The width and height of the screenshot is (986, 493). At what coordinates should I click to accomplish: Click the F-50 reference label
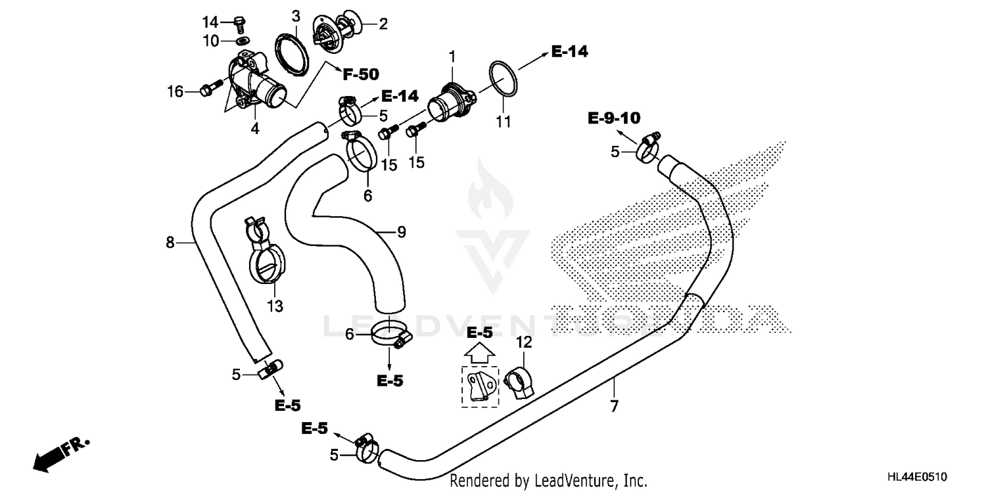point(360,74)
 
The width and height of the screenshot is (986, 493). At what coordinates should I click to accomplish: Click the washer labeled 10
point(243,41)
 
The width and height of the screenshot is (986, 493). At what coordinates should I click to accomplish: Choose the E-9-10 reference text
point(614,118)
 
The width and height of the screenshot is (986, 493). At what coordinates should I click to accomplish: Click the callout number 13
point(275,306)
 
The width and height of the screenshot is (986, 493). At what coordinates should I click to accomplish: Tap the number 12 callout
point(523,342)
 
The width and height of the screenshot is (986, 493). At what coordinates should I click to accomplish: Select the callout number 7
point(614,407)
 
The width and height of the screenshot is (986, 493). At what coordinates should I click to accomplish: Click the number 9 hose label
point(401,231)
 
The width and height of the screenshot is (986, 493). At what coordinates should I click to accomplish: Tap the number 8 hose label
point(170,243)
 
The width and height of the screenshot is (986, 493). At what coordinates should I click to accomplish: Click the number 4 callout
point(254,129)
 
